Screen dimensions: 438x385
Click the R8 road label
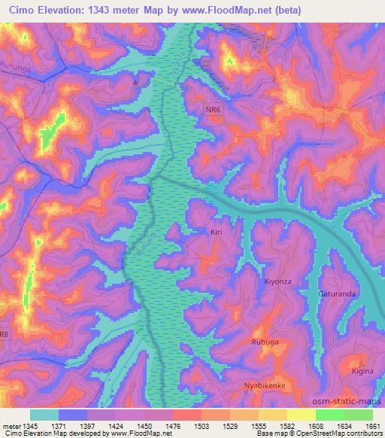pyautogui.click(x=5, y=333)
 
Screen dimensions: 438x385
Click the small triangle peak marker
pyautogui.click(x=135, y=81)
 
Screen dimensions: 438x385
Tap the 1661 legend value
pyautogui.click(x=372, y=425)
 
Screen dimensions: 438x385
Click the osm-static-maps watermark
pyautogui.click(x=353, y=400)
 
